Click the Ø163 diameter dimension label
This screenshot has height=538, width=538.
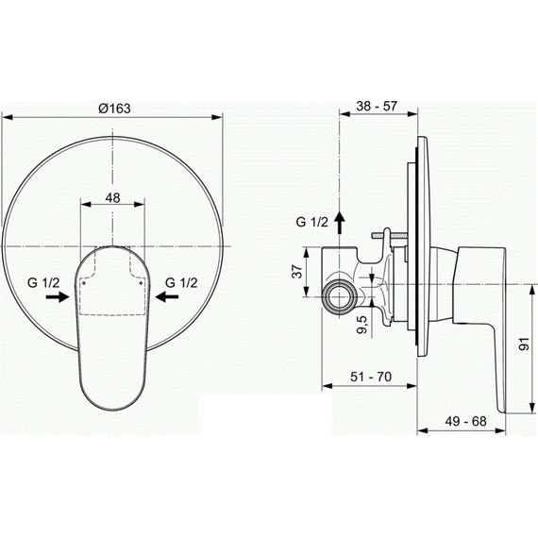point(114,109)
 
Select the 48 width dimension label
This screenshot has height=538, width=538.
point(112,197)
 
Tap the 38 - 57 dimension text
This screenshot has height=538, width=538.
point(377,106)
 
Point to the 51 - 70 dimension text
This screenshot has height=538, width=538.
point(371,378)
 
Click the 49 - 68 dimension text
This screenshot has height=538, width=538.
point(465,421)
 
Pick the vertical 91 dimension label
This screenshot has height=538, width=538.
point(524,344)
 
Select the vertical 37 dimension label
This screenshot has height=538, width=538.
point(298,272)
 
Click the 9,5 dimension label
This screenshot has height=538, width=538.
point(362,325)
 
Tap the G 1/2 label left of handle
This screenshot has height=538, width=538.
point(43,283)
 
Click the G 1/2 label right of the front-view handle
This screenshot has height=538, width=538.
point(181,283)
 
